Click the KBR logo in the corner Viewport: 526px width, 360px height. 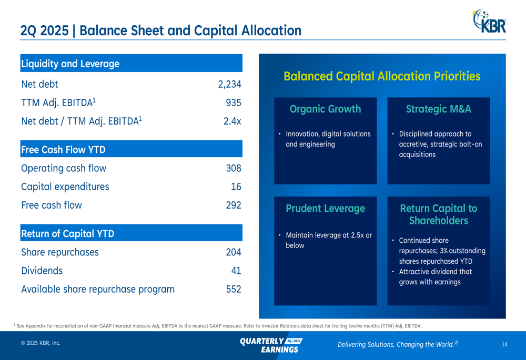click(x=489, y=22)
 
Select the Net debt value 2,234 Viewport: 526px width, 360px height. click(x=229, y=84)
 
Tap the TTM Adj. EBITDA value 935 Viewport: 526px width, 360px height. click(x=234, y=102)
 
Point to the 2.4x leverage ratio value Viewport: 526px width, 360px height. click(x=232, y=121)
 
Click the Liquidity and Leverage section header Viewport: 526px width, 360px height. click(x=70, y=64)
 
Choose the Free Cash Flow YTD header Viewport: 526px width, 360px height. click(x=64, y=149)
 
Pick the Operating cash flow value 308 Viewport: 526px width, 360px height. click(x=234, y=168)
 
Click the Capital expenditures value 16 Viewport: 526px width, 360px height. click(x=236, y=187)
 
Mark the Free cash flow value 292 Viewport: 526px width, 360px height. click(x=234, y=205)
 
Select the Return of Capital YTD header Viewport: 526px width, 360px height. click(x=68, y=234)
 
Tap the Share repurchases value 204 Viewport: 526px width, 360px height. click(x=234, y=252)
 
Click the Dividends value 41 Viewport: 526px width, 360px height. click(x=236, y=271)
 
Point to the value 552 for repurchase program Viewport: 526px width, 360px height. click(x=234, y=289)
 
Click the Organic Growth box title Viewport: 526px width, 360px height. click(x=326, y=109)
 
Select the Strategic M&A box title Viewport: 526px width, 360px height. click(x=439, y=109)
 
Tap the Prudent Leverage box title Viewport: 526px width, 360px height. click(x=326, y=209)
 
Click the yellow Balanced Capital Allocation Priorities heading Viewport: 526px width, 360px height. click(x=382, y=76)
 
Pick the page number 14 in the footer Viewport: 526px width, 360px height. click(x=504, y=344)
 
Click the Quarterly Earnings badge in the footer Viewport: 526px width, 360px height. click(x=271, y=345)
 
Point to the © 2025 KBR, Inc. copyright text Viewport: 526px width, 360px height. click(x=41, y=343)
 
